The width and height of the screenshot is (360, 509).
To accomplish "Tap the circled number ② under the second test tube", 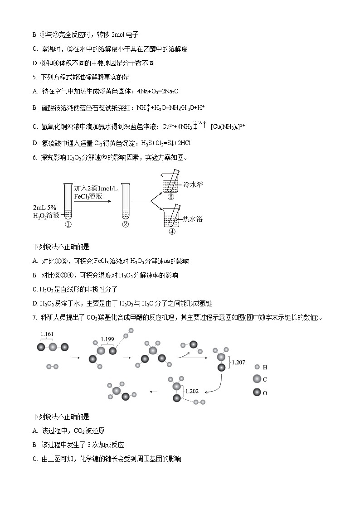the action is pyautogui.click(x=126, y=224).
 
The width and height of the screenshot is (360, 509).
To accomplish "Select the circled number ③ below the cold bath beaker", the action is pyautogui.click(x=170, y=197).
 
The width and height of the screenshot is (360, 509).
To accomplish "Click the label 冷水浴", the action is pyautogui.click(x=193, y=184).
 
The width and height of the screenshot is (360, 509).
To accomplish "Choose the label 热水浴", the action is pyautogui.click(x=192, y=219).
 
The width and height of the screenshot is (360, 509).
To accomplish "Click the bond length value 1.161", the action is pyautogui.click(x=47, y=334).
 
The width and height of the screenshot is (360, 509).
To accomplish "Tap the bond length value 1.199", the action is pyautogui.click(x=107, y=339).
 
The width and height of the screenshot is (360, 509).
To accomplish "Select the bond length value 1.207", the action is pyautogui.click(x=238, y=362).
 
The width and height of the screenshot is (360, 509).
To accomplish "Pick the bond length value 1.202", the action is pyautogui.click(x=192, y=391).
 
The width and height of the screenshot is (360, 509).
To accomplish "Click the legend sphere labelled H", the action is pyautogui.click(x=257, y=367).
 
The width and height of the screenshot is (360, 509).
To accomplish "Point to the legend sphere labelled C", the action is pyautogui.click(x=257, y=379).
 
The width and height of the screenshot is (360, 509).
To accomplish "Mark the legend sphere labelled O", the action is pyautogui.click(x=257, y=393).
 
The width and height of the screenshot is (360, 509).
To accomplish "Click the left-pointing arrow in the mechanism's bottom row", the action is pyautogui.click(x=154, y=392).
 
